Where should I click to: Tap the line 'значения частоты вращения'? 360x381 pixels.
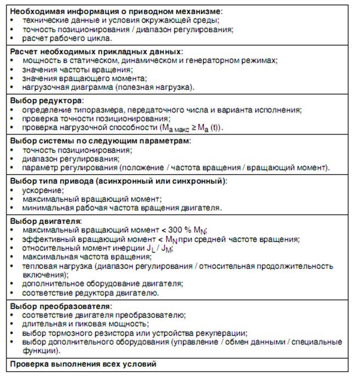coord(77,69)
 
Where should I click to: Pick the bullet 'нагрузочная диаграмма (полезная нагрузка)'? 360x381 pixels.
coord(108,87)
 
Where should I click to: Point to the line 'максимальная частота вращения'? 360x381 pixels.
coord(79,257)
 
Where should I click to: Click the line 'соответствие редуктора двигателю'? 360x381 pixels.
coord(91,293)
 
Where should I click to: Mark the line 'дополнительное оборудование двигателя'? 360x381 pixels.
coord(102,284)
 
